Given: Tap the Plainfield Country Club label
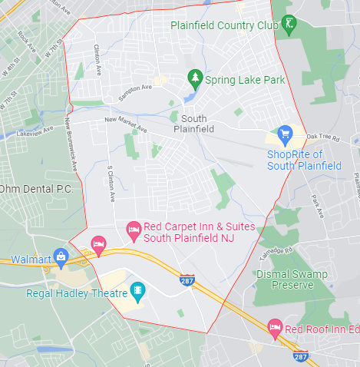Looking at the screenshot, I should pyautogui.click(x=223, y=25).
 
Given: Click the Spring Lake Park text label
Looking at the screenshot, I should pyautogui.click(x=245, y=80).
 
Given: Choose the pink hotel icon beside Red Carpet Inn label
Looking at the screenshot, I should pyautogui.click(x=133, y=228).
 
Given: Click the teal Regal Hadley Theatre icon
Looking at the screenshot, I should pyautogui.click(x=137, y=290).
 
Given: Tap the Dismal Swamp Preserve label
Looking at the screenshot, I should pyautogui.click(x=285, y=279).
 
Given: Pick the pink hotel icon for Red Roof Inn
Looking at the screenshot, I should pyautogui.click(x=274, y=328).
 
